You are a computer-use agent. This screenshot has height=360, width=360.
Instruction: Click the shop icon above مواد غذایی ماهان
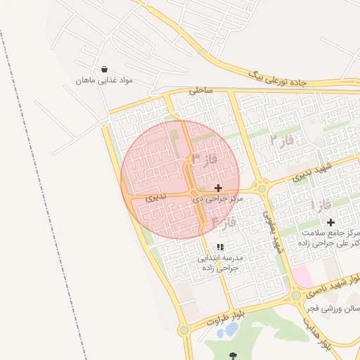(x=105, y=70)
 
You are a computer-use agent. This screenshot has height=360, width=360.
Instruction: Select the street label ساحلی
(x=200, y=91)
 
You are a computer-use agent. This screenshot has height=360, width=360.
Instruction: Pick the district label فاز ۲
(x=282, y=140)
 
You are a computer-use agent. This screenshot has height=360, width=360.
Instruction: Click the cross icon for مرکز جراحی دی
(x=218, y=188)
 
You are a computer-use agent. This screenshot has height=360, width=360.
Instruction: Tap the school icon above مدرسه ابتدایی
(x=220, y=247)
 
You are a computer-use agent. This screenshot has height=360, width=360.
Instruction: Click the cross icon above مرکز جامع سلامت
(x=331, y=222)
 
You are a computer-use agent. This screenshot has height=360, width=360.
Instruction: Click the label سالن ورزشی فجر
(x=334, y=308)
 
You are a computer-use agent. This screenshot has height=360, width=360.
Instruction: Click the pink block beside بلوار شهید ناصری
(x=302, y=276)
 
